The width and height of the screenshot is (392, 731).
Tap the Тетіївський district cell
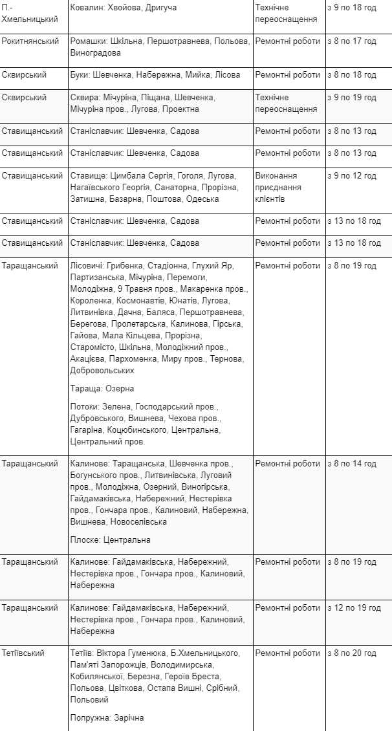[x=23, y=653]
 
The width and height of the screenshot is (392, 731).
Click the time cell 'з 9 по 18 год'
[x=351, y=8]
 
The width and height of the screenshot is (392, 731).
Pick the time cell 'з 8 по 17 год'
[x=351, y=41]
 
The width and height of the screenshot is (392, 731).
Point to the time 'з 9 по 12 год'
[x=351, y=176]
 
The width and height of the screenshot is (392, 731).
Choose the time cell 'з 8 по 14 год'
[x=351, y=464]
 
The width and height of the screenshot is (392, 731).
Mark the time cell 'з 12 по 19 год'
[x=354, y=608]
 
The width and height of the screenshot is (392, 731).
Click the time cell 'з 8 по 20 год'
[x=351, y=653]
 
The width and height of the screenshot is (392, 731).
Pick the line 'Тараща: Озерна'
[x=102, y=389]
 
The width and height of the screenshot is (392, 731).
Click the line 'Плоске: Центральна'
[x=110, y=540]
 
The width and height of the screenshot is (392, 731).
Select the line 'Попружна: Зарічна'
[x=107, y=718]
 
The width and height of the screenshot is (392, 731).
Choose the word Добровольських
[x=102, y=371]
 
